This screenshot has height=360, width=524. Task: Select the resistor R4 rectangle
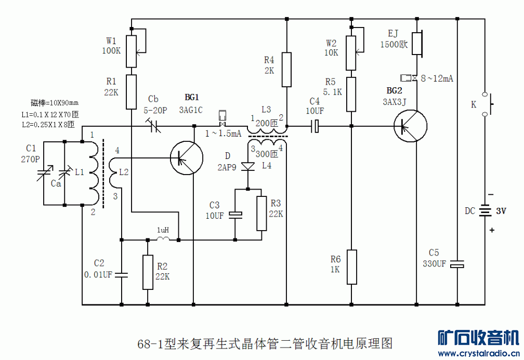286,69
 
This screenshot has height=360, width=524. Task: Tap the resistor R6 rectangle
352,267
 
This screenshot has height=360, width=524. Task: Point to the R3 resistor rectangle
261,213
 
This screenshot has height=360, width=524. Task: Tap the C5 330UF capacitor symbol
457,264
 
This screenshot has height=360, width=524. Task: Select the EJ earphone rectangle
417,43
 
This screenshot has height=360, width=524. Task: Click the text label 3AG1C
191,110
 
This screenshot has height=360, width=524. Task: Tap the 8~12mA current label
437,78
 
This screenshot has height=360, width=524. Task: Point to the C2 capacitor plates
121,274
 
